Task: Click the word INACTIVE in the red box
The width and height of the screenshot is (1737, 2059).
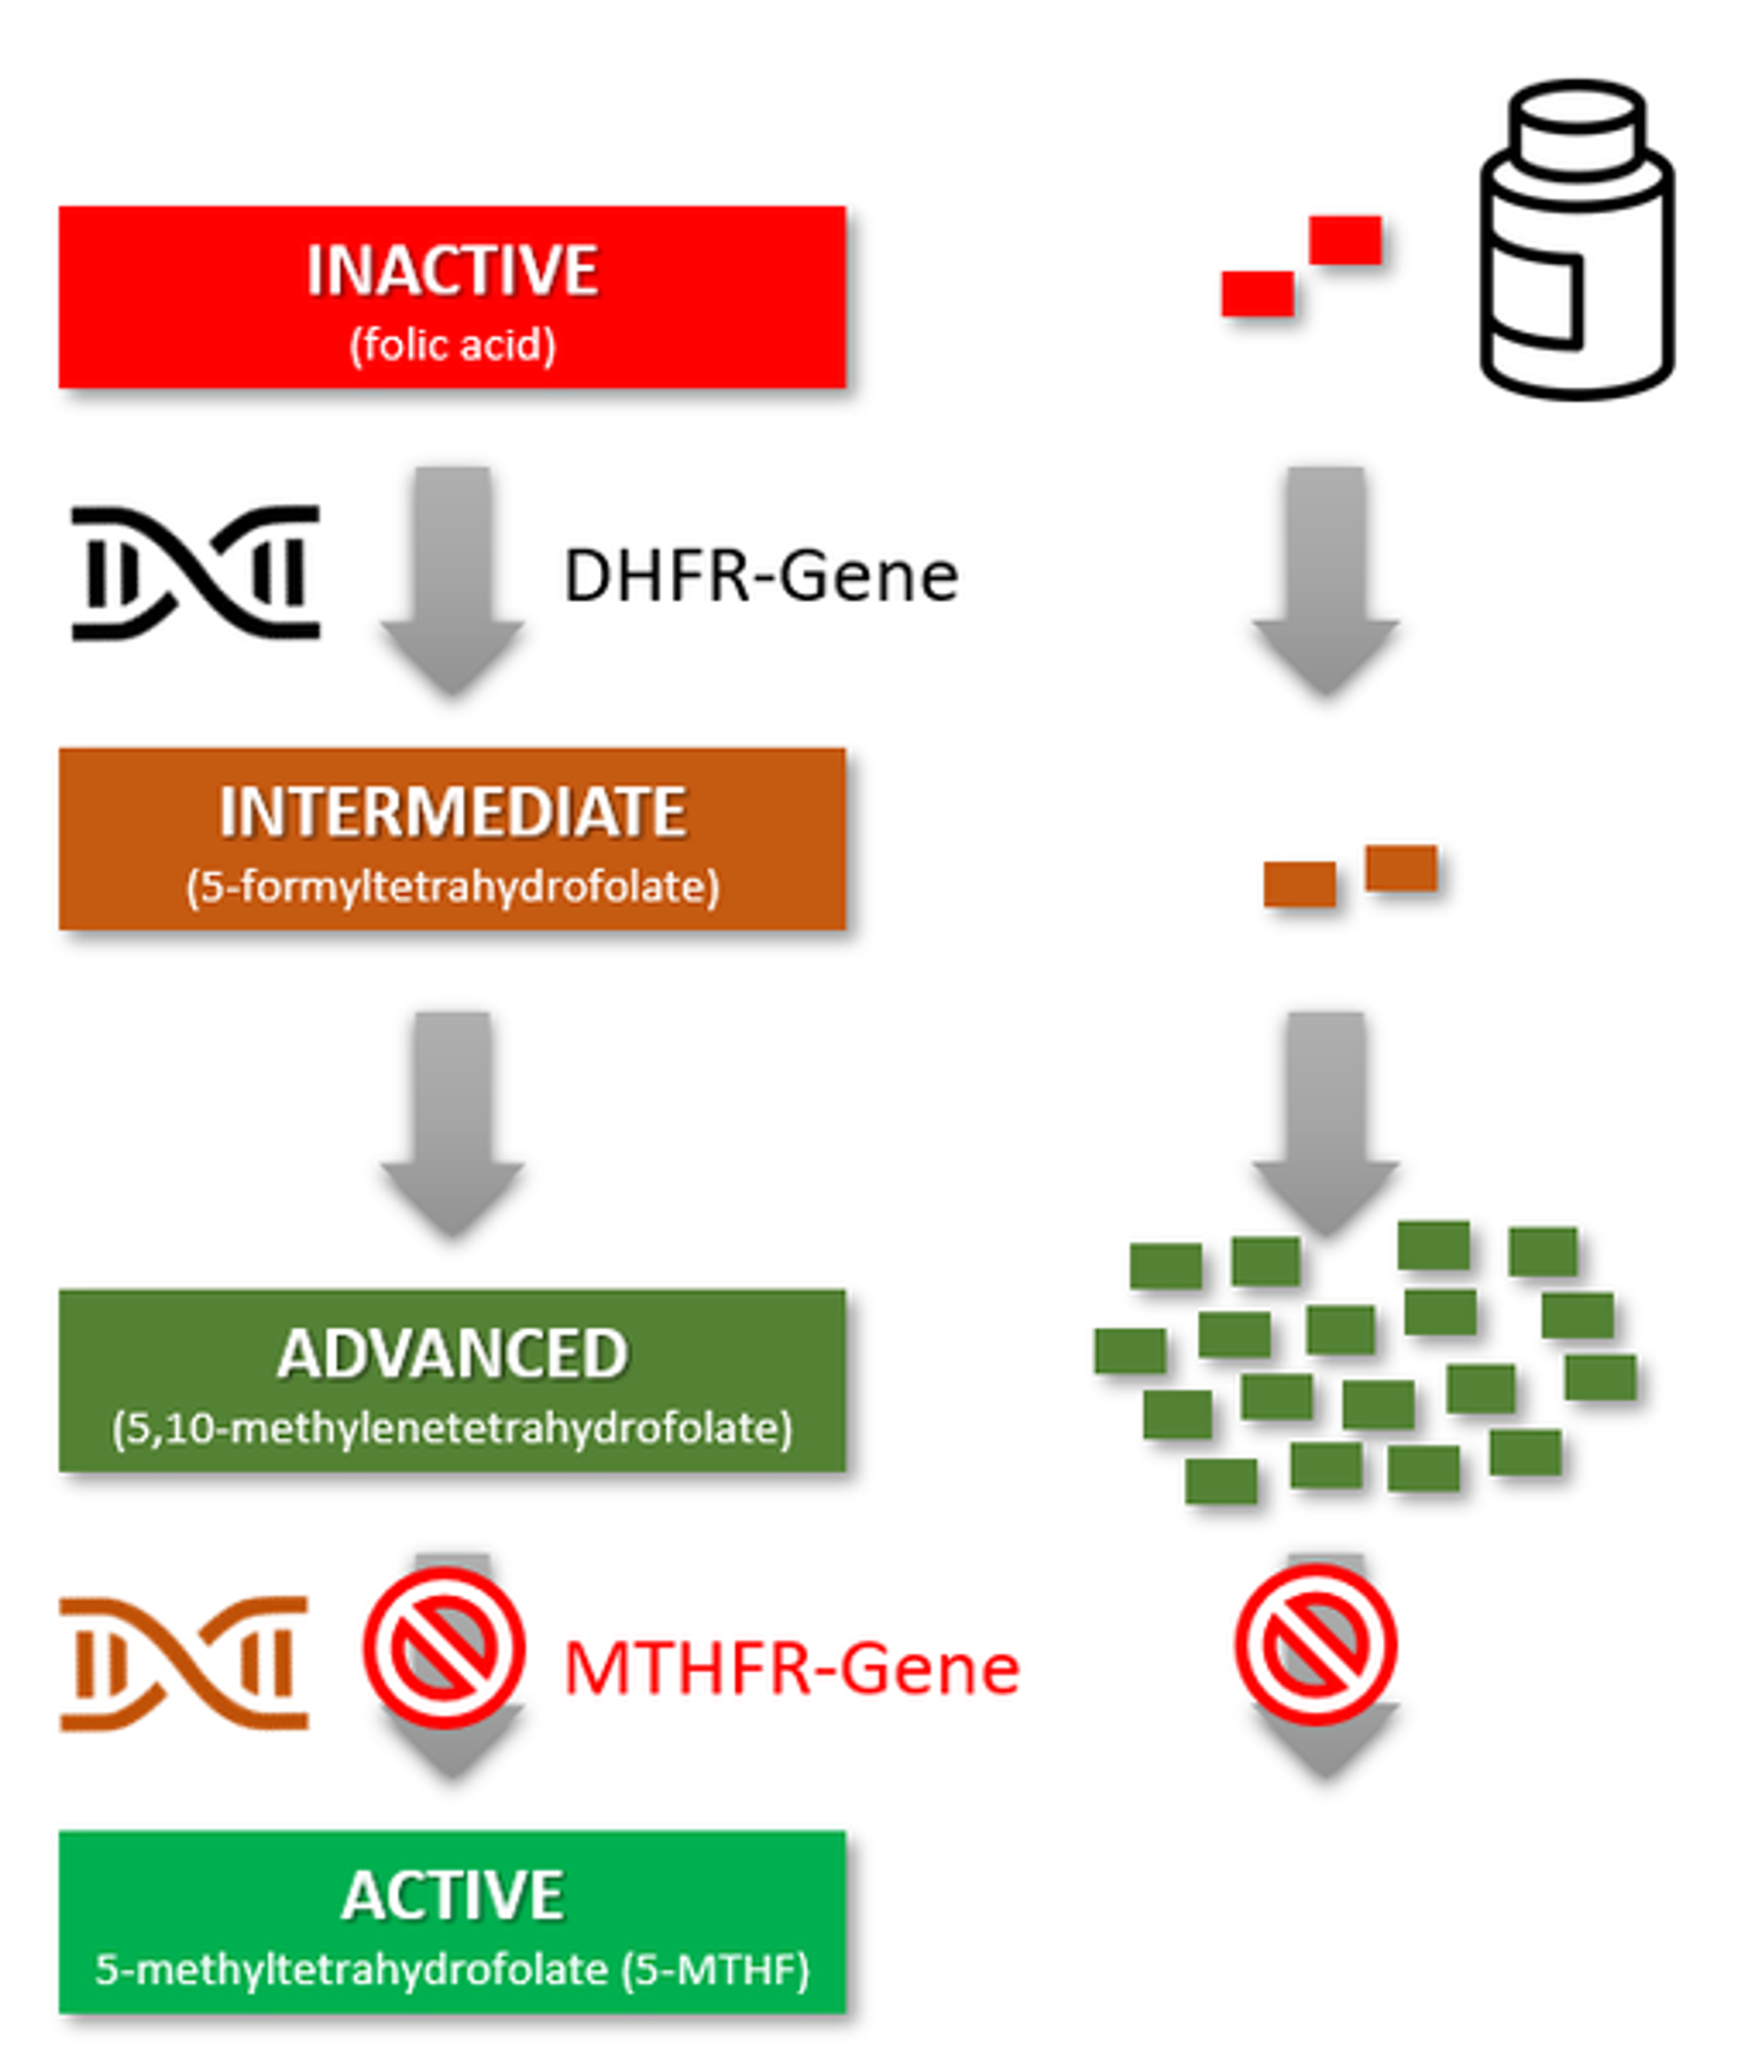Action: [x=452, y=270]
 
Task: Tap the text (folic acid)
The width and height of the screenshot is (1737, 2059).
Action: [x=452, y=345]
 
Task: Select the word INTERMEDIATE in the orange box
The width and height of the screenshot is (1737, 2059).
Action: [x=452, y=813]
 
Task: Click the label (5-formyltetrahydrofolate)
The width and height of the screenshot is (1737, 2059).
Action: [x=452, y=887]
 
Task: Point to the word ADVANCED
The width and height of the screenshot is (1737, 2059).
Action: [x=452, y=1354]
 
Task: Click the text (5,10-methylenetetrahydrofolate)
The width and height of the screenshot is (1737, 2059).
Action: [x=452, y=1429]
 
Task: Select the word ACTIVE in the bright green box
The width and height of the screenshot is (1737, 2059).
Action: [x=452, y=1895]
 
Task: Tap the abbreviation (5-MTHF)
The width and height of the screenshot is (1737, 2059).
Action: [x=716, y=1970]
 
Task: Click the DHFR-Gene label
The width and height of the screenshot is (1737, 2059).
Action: [x=760, y=576]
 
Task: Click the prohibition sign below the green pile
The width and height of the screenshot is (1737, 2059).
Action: [x=1316, y=1645]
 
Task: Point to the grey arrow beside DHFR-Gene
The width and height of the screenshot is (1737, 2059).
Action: [x=452, y=581]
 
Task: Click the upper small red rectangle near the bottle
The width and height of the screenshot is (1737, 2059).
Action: [x=1345, y=240]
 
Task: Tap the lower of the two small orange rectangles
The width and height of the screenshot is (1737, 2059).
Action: [x=1300, y=884]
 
